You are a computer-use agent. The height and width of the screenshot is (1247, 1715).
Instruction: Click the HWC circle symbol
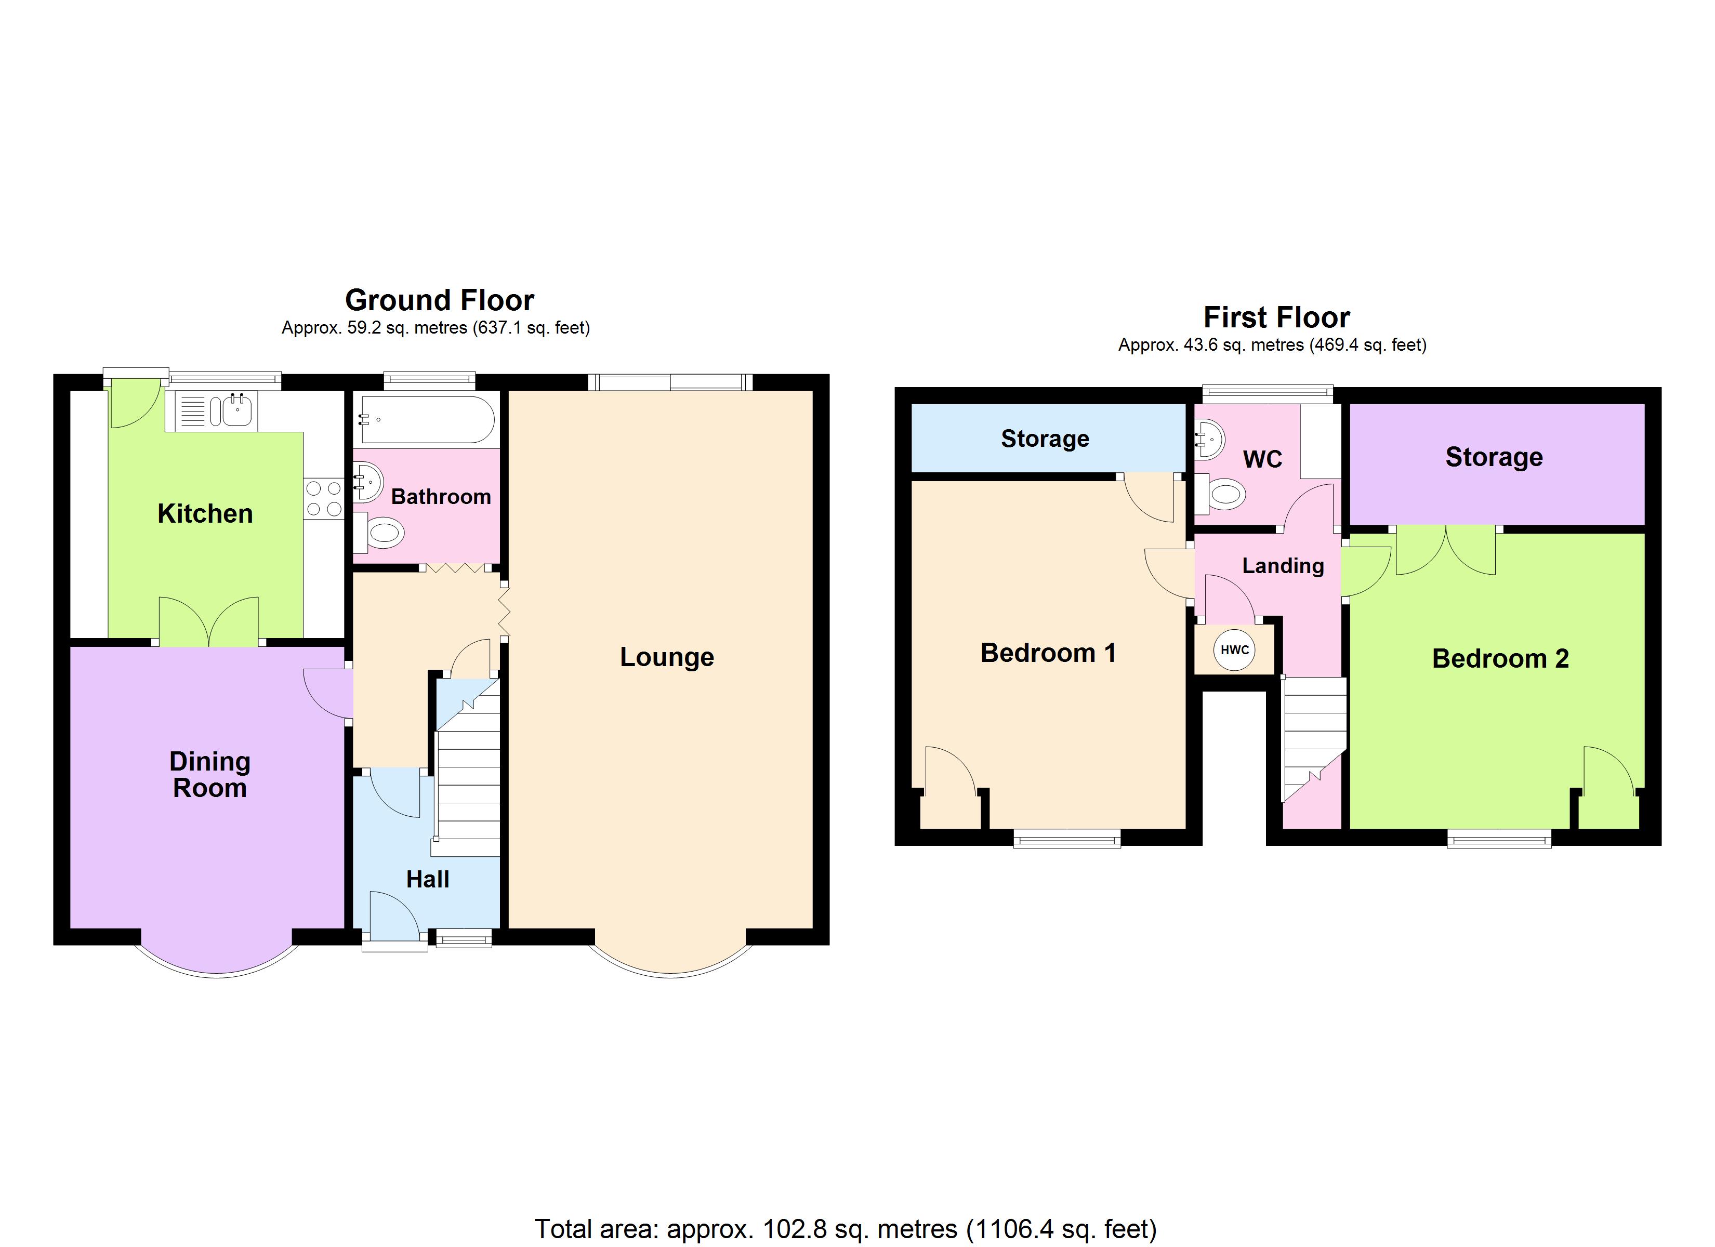point(1234,649)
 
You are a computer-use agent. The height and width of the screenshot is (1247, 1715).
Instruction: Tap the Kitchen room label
point(205,513)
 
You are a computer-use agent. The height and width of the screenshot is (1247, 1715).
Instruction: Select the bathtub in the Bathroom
point(427,420)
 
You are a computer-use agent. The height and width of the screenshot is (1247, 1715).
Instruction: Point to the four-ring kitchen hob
point(324,499)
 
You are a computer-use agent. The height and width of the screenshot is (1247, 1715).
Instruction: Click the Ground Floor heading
point(439,300)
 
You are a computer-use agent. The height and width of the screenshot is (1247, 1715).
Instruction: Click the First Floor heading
point(1276,317)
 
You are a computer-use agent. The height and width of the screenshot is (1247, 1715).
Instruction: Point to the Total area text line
point(846,1229)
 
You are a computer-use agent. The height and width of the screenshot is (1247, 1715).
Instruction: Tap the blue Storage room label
point(1045,439)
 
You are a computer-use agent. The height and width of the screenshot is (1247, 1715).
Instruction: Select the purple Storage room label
point(1494,457)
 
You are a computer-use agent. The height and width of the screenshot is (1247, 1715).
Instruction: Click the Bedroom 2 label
point(1500,659)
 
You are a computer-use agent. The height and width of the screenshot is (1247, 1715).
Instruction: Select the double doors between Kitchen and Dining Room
point(209,621)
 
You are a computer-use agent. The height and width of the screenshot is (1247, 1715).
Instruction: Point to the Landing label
point(1283,566)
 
